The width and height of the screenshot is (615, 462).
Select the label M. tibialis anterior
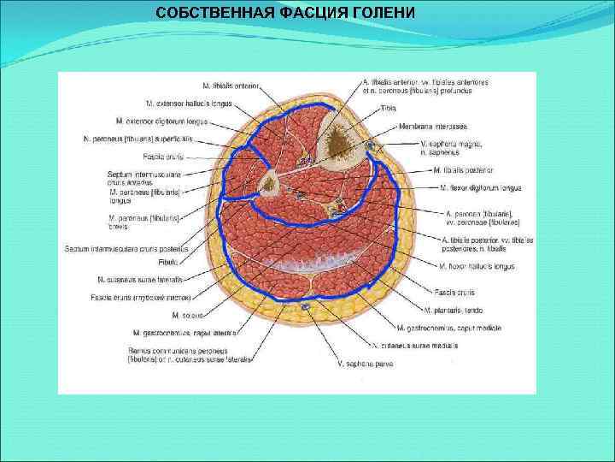click(x=231, y=86)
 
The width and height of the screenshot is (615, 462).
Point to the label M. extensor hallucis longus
click(x=190, y=103)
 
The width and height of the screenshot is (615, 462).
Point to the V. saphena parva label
click(x=365, y=365)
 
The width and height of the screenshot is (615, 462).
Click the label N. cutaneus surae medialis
click(x=415, y=345)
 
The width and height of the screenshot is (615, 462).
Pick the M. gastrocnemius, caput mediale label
click(x=448, y=328)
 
